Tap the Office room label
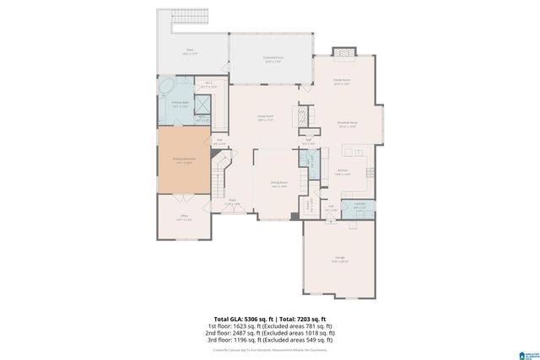coord(184,218)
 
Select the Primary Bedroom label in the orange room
coord(184,160)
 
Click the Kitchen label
coord(343,171)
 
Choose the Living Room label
coord(267,118)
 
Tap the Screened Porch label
coord(272,60)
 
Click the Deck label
coord(189,52)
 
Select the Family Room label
coord(341,81)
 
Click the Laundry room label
coord(359,205)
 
